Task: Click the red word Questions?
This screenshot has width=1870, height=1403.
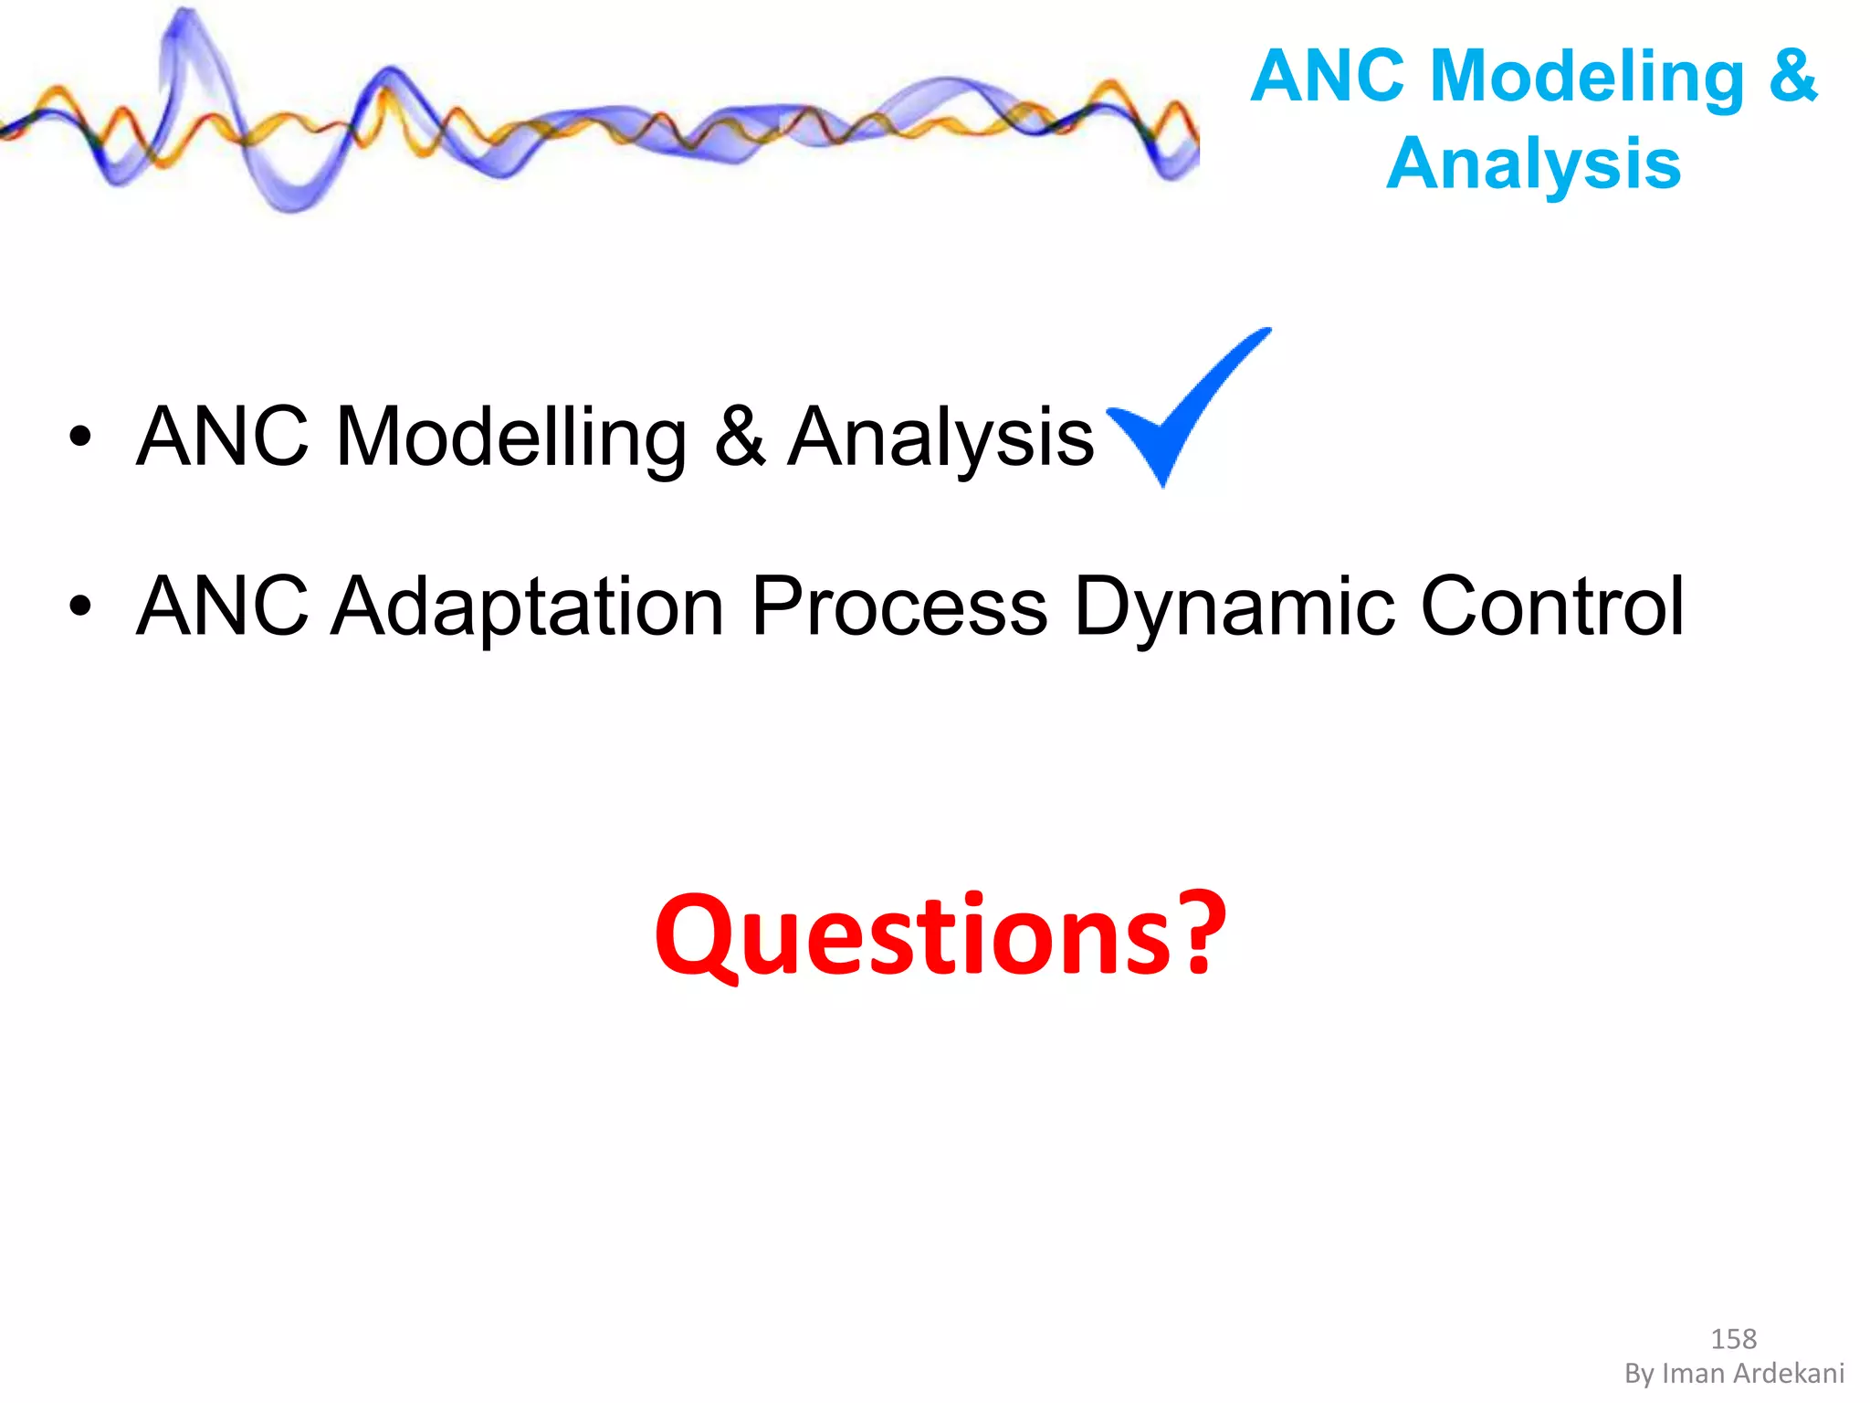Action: point(940,936)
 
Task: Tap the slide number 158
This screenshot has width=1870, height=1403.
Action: point(1733,1339)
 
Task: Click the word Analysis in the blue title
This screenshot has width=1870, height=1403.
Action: point(1534,164)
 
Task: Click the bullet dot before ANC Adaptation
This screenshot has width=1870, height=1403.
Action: point(80,607)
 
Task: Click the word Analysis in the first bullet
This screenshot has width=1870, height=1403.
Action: point(940,438)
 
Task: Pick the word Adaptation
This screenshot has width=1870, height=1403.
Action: point(528,607)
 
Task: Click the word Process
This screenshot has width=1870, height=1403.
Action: point(899,607)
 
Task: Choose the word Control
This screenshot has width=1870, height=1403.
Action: point(1552,607)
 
